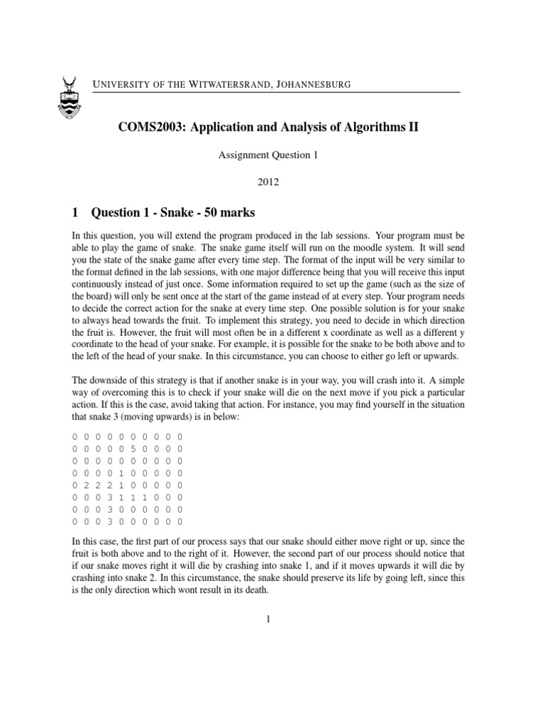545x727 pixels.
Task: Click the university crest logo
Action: click(68, 97)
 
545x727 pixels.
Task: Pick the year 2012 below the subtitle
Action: click(269, 182)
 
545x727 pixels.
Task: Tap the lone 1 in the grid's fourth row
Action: click(122, 472)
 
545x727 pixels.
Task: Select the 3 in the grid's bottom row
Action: click(110, 521)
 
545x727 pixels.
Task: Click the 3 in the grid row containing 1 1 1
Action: click(110, 497)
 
